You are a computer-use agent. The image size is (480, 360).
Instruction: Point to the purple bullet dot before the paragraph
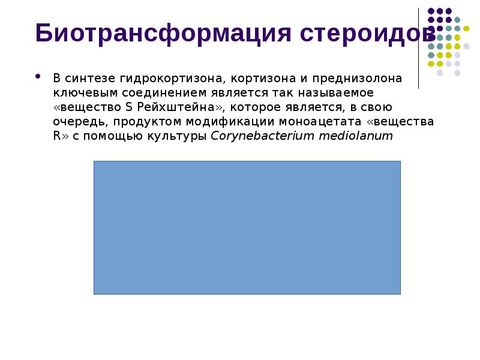[x=39, y=77]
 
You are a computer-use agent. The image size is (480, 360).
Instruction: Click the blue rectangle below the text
[x=247, y=227]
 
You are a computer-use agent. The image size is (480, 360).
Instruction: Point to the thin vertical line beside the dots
[x=419, y=48]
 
